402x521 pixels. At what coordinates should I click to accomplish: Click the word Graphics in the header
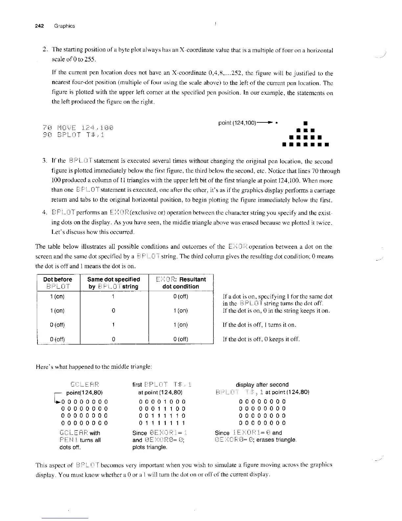point(64,26)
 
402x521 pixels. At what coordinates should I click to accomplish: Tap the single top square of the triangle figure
point(306,124)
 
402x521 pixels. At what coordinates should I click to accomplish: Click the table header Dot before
point(57,279)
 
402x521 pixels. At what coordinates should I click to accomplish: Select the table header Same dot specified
point(114,279)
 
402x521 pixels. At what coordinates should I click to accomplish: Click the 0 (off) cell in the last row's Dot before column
point(57,339)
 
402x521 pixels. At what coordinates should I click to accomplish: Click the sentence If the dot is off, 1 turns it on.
point(259,325)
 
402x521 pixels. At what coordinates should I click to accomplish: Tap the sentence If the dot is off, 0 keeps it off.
point(261,339)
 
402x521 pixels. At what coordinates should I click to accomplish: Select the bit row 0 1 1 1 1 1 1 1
point(162,423)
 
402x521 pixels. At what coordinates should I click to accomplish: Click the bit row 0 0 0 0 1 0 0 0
point(162,402)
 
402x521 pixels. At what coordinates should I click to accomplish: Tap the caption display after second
point(262,385)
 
